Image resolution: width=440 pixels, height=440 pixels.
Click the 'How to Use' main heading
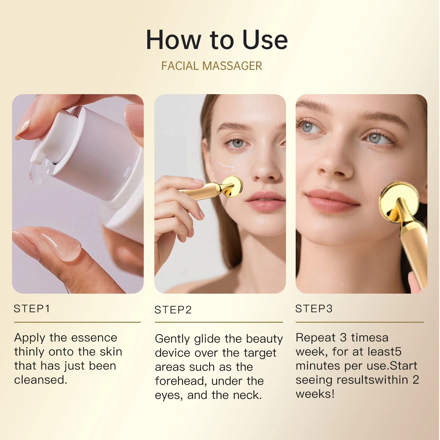coord(217,40)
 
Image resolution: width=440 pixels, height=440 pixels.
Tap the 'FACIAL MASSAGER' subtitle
coord(211,66)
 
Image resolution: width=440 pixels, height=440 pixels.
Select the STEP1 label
coord(32,309)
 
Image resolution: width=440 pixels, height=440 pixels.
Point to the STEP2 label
coord(173,310)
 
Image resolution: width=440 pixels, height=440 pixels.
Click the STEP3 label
coord(314,309)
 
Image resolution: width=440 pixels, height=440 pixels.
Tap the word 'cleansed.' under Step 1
coord(40,380)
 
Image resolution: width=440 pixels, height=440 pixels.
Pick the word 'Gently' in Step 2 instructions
coord(172,339)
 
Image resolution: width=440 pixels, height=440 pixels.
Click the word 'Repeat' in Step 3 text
coord(315,338)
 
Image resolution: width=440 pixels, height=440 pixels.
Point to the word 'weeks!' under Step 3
coord(315,394)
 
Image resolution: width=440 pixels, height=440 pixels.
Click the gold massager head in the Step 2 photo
coord(233,186)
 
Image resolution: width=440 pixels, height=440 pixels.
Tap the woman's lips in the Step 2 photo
coord(265,201)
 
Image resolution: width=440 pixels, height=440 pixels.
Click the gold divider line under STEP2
coord(219,322)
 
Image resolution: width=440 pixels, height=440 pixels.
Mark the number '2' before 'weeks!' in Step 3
coord(415,380)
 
